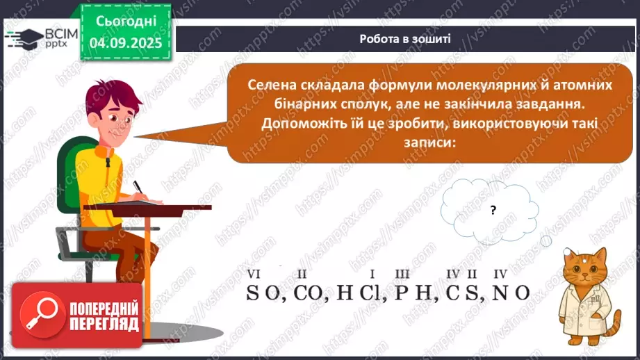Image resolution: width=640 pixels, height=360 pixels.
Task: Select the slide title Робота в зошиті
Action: tap(405, 39)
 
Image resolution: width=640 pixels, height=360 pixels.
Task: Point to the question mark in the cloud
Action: tap(493, 210)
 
